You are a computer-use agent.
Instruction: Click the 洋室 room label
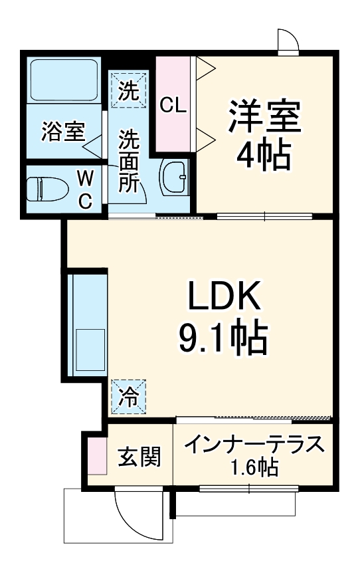pos(265,118)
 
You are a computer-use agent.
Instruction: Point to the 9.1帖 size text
pos(222,340)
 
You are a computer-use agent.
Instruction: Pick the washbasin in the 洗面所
pos(175,177)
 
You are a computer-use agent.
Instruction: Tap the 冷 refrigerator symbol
pos(128,396)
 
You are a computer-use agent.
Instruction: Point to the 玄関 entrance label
pos(139,458)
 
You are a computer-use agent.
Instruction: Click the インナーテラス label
pos(254,445)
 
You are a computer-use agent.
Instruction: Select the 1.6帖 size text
pos(254,468)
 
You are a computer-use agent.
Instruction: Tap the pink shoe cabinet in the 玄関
pos(96,455)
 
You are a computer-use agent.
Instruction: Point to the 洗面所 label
pos(128,162)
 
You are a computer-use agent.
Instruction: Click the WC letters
pos(84,189)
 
